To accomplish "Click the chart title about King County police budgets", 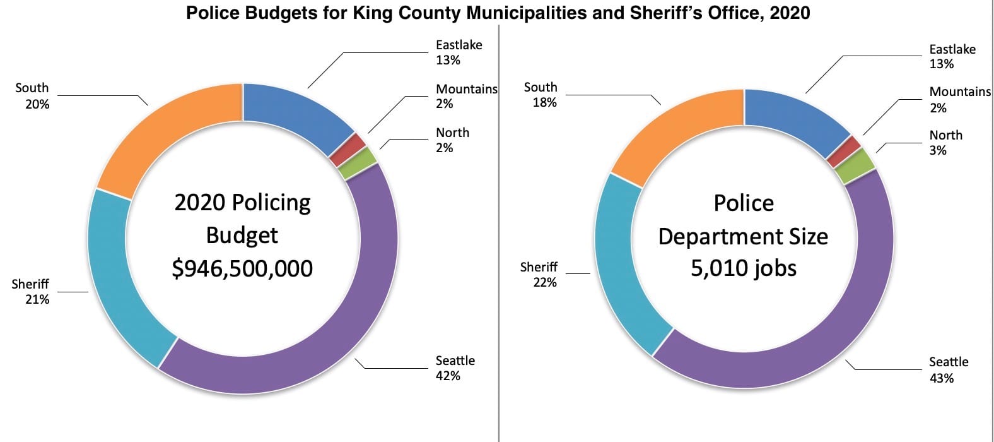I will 498,12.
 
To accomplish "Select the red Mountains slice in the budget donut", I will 347,150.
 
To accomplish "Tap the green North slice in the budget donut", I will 357,163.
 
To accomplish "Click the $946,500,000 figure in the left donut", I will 242,268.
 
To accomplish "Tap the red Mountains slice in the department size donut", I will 844,152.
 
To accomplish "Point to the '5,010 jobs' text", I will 744,268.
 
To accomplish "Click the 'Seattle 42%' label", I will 455,368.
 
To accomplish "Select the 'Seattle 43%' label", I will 948,370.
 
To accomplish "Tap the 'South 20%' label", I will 32,96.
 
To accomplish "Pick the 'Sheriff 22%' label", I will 539,275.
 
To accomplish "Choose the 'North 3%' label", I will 945,143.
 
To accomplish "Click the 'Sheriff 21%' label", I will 30,292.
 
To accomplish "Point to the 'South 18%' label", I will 541,95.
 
